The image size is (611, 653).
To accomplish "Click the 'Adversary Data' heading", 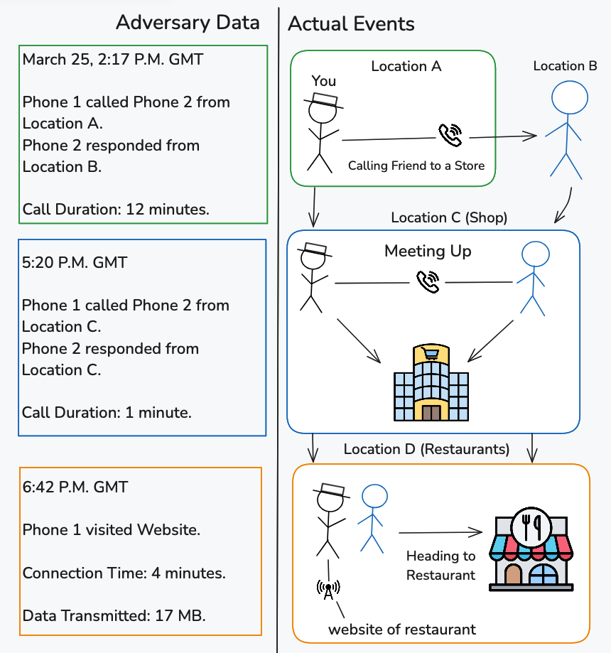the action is coord(188,23).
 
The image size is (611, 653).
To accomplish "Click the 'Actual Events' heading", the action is coord(351,23).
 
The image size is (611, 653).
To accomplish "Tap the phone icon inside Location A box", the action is coord(450,135).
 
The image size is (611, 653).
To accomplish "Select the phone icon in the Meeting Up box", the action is coord(428,282).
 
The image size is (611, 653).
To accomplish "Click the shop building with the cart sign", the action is coord(431,382).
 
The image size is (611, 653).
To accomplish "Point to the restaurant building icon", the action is coord(531,549).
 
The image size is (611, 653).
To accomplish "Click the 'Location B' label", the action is coord(566,66).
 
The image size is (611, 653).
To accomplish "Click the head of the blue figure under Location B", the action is coord(570,97).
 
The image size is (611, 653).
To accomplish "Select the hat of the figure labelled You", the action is coord(324,100).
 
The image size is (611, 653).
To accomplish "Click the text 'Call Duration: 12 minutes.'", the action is coord(116,209).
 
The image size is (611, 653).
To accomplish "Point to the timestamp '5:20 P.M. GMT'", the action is coord(75,262).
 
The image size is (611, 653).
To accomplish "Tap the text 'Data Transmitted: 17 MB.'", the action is coord(114,615).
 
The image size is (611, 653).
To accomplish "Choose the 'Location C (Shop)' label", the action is coord(449,217).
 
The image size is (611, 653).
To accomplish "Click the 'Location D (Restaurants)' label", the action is coord(426,449).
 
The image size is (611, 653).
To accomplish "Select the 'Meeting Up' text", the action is coord(428,251).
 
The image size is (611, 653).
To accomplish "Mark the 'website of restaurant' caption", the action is coord(402,630).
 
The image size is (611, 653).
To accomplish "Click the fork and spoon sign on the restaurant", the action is coord(531,527).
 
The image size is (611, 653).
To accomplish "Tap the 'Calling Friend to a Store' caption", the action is coord(416,166).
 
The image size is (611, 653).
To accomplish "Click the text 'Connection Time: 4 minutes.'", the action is coord(124,573).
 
